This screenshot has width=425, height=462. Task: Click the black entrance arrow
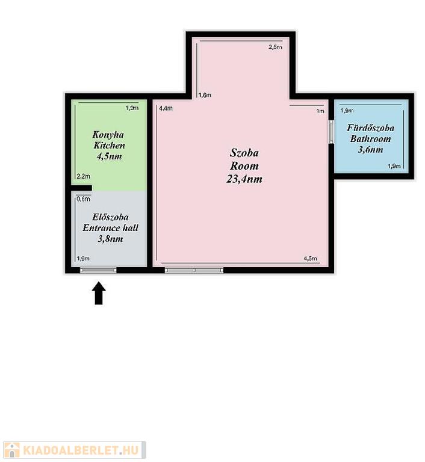99,293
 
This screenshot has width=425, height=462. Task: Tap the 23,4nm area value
244,179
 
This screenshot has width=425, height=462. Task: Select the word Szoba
244,153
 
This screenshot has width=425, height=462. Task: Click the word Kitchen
109,145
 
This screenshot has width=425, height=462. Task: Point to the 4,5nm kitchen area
109,156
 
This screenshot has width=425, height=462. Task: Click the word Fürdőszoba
370,128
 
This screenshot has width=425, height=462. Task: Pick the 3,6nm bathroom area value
370,149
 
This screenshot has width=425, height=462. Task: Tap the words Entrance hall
110,228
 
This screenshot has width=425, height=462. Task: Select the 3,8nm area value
110,239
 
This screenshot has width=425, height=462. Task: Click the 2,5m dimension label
275,47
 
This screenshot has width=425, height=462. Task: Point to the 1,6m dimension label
205,95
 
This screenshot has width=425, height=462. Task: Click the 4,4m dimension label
166,108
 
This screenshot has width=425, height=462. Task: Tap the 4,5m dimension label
310,259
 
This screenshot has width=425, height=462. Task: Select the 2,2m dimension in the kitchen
83,176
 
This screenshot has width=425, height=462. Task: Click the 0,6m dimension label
83,199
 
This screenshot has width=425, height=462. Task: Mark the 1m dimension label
320,111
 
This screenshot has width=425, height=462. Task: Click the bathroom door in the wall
331,132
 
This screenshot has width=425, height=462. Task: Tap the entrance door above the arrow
98,270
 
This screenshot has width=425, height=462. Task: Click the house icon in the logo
12,450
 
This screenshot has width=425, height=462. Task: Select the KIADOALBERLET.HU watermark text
80,450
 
